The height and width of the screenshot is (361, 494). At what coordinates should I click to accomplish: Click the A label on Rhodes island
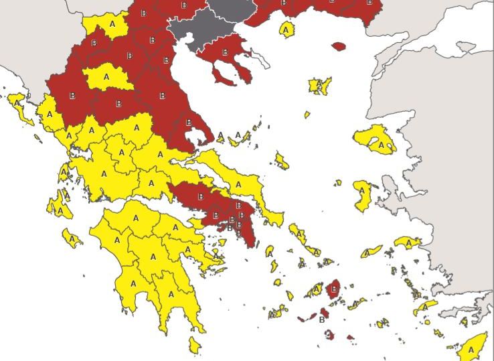[471, 349]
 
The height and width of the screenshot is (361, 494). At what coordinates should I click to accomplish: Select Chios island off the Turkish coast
[363, 195]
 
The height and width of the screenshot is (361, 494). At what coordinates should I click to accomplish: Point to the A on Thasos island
[286, 29]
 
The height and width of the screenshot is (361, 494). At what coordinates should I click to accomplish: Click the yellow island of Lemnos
[319, 86]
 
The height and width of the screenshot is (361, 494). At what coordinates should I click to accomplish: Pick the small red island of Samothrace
[339, 47]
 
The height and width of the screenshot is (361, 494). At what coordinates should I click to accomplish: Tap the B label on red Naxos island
[334, 289]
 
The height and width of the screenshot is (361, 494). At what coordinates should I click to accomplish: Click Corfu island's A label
[17, 102]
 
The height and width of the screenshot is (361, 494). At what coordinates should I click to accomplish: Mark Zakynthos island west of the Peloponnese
[72, 237]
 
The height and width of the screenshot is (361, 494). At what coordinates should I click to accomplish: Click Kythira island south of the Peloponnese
[194, 345]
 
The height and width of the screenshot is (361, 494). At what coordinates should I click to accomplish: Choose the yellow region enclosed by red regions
[107, 77]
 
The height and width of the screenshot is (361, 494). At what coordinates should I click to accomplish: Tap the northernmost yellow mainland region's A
[112, 23]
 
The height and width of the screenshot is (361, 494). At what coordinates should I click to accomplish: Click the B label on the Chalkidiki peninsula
[224, 51]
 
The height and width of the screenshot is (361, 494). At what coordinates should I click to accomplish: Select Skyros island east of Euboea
[282, 161]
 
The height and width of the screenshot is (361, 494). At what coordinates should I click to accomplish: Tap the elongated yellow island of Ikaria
[372, 252]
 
